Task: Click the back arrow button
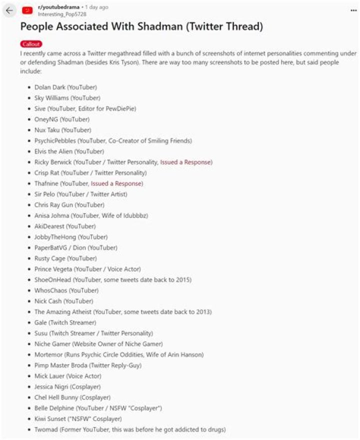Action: pyautogui.click(x=9, y=10)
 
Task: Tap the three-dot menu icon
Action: pyautogui.click(x=353, y=9)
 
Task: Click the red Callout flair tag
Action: pyautogui.click(x=31, y=44)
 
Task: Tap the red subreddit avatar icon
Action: pyautogui.click(x=28, y=10)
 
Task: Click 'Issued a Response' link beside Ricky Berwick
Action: pyautogui.click(x=186, y=162)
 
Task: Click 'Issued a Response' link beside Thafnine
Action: pyautogui.click(x=116, y=183)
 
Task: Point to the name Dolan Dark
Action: pyautogui.click(x=49, y=87)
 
